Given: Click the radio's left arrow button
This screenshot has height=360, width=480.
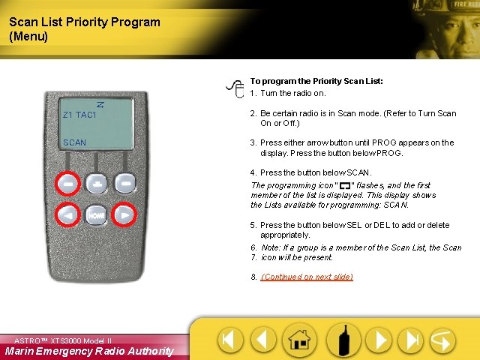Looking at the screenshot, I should click(67, 214).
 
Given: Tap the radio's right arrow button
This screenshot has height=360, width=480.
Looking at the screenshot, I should click(124, 214).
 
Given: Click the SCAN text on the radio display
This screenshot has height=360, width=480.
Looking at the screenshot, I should click(74, 142).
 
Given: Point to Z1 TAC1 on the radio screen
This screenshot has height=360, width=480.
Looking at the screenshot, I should click(79, 115).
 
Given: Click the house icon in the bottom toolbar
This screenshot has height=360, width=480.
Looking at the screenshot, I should click(300, 340).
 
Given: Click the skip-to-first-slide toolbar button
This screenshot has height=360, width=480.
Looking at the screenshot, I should click(230, 340).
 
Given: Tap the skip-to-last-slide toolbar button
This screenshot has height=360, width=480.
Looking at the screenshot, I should click(409, 340).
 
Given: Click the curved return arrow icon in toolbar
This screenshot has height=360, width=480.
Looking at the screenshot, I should click(442, 340).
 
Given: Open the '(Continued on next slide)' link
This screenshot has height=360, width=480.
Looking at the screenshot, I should click(307, 277).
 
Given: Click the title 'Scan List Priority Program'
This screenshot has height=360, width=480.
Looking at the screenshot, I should click(85, 22).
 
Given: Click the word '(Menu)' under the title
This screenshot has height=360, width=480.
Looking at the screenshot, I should click(28, 36).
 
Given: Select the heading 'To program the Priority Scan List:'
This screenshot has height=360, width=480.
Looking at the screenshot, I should click(316, 81).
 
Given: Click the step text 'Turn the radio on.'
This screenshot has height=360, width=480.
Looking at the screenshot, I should click(293, 93).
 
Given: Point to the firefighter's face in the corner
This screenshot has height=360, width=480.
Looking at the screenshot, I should click(449, 26).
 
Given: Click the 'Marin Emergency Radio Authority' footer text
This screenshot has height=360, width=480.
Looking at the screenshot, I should click(88, 351).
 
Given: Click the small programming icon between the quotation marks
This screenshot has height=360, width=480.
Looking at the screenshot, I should click(345, 185).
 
